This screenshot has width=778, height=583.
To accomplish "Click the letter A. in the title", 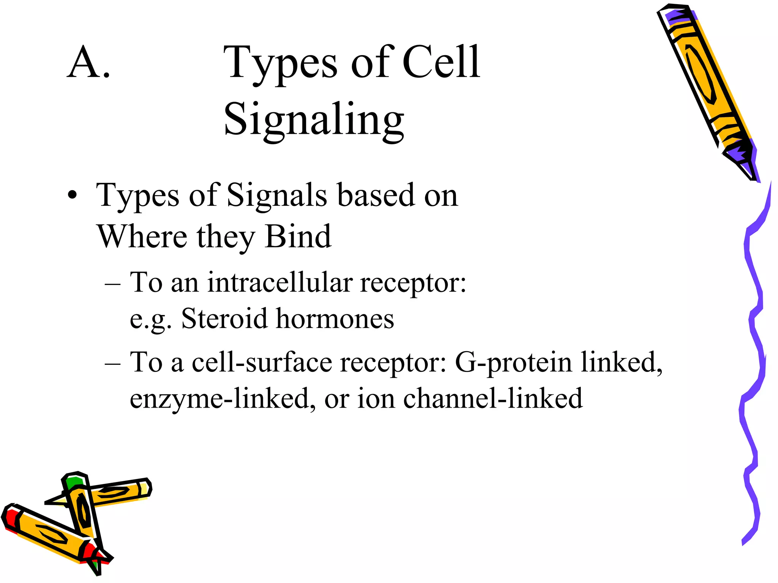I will [x=89, y=63].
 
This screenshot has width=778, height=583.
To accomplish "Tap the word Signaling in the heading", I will [x=314, y=120].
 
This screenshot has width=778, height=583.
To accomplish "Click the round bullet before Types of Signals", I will [x=72, y=196].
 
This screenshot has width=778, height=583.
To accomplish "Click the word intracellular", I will [x=280, y=282].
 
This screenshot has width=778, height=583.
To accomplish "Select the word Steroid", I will [x=224, y=318].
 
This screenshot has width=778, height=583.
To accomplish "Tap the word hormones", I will [x=335, y=318].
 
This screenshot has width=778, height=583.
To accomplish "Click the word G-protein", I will [x=513, y=362].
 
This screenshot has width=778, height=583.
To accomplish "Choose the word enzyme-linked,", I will [x=223, y=399].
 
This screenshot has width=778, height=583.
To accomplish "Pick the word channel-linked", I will [x=492, y=399].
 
